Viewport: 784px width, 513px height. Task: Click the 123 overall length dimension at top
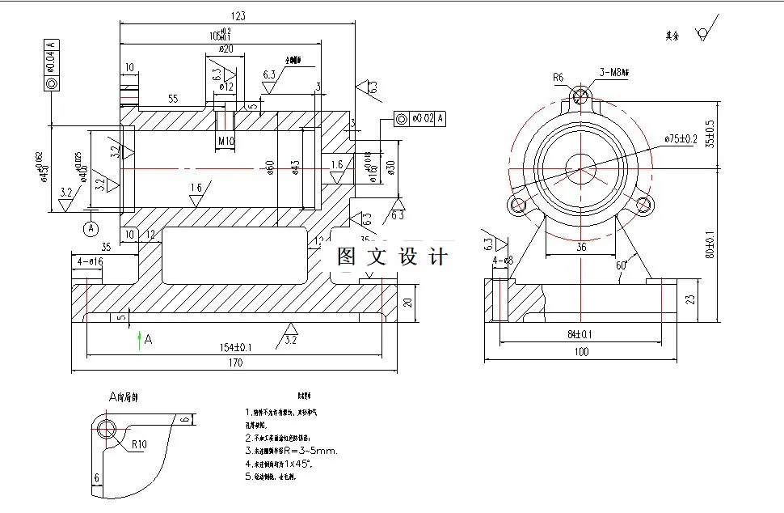pos(238,15)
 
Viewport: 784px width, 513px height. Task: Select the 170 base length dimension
pos(234,364)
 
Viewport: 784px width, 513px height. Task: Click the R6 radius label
pos(558,78)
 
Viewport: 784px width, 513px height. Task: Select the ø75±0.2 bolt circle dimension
pos(681,139)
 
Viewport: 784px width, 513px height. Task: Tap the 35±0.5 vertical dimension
pos(710,134)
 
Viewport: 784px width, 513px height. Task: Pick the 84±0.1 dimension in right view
pos(580,334)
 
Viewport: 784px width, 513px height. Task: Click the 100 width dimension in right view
pos(580,352)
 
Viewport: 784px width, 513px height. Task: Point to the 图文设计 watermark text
pos(392,257)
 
